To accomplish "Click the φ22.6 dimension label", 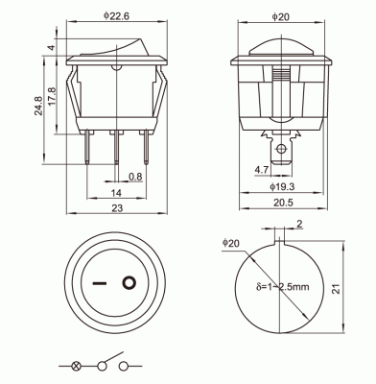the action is tap(116, 16).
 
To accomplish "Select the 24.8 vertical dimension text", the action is tap(38, 106).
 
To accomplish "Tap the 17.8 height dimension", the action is tap(52, 96).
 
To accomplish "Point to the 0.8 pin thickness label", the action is tap(135, 177).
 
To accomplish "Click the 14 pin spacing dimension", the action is tap(116, 193).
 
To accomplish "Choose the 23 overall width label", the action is tap(117, 208).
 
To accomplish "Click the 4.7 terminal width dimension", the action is tap(262, 170).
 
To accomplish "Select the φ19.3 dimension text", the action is tap(282, 186).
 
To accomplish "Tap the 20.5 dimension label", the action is tap(283, 203).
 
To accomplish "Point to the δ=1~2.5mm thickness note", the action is tap(283, 287).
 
